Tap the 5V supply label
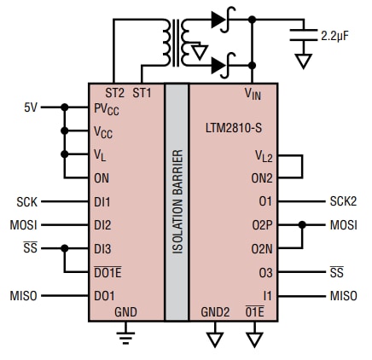[31, 107]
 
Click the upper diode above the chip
[219, 16]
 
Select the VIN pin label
[253, 94]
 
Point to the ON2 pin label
[262, 178]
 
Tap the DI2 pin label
[103, 225]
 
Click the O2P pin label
[262, 225]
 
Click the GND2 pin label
[214, 312]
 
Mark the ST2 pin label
[113, 92]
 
